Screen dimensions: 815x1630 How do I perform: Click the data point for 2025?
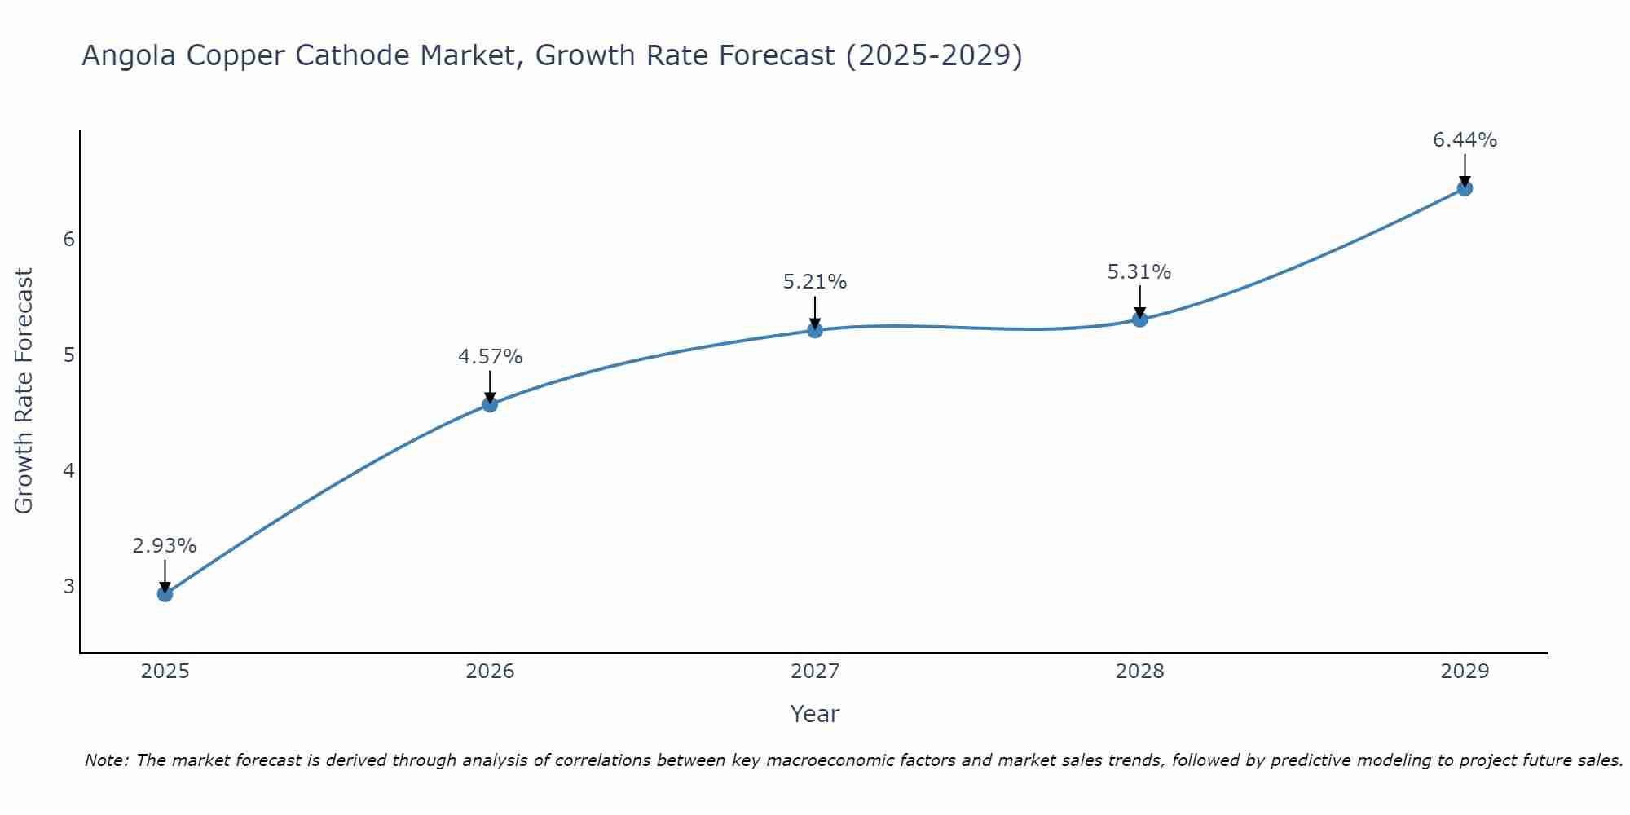pyautogui.click(x=165, y=594)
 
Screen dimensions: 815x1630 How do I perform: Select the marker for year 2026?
pyautogui.click(x=490, y=404)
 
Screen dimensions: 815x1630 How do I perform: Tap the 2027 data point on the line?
pyautogui.click(x=815, y=330)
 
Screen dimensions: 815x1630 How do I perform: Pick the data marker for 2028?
pyautogui.click(x=1139, y=319)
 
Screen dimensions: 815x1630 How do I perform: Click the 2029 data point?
pyautogui.click(x=1465, y=188)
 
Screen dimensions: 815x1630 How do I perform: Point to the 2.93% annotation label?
pyautogui.click(x=165, y=546)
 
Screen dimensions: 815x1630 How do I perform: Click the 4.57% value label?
pyautogui.click(x=490, y=357)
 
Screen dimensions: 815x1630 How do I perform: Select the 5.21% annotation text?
pyautogui.click(x=815, y=282)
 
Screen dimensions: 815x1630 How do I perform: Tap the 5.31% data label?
pyautogui.click(x=1139, y=272)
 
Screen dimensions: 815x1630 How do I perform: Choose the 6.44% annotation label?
pyautogui.click(x=1465, y=140)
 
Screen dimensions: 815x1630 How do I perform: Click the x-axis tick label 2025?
pyautogui.click(x=165, y=672)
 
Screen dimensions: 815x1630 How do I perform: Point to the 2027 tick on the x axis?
pyautogui.click(x=815, y=672)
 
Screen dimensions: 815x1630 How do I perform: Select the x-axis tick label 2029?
pyautogui.click(x=1465, y=672)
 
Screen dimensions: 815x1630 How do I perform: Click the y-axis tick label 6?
pyautogui.click(x=68, y=240)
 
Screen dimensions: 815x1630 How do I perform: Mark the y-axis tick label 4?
pyautogui.click(x=68, y=471)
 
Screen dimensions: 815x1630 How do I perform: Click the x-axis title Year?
pyautogui.click(x=815, y=714)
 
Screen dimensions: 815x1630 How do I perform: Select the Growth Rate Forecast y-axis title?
pyautogui.click(x=24, y=391)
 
